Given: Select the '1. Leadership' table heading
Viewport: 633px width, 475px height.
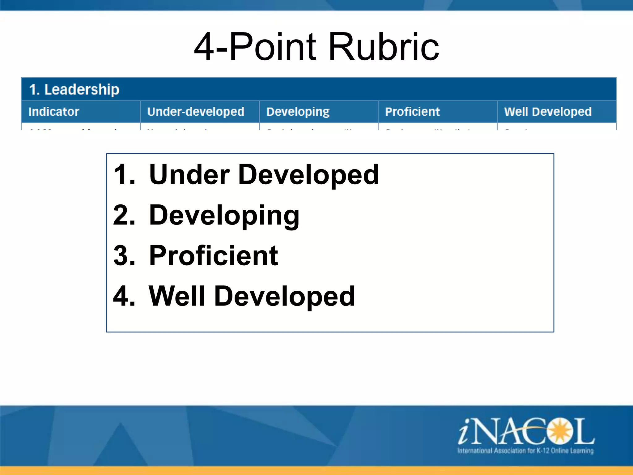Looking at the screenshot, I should pyautogui.click(x=74, y=90).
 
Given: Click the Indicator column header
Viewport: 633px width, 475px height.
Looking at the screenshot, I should pyautogui.click(x=54, y=112).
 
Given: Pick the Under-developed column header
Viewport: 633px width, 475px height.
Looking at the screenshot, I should pyautogui.click(x=196, y=112).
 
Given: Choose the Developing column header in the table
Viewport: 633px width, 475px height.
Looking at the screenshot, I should pyautogui.click(x=298, y=112).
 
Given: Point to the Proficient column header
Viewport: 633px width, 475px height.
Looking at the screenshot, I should pyautogui.click(x=412, y=112).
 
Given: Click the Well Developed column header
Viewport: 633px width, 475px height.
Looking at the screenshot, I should pyautogui.click(x=548, y=112).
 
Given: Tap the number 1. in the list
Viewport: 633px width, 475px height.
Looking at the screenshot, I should pyautogui.click(x=124, y=175).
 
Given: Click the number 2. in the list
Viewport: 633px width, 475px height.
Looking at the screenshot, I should pyautogui.click(x=124, y=215).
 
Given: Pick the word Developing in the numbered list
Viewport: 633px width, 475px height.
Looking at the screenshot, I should pyautogui.click(x=224, y=216).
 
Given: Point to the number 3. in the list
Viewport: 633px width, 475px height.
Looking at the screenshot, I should pyautogui.click(x=124, y=256).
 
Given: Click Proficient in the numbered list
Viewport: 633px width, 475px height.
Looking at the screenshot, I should pyautogui.click(x=213, y=256).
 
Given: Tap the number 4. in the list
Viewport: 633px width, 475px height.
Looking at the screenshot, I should pyautogui.click(x=124, y=296).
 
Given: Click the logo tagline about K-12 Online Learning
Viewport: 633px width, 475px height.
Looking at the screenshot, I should pyautogui.click(x=525, y=451).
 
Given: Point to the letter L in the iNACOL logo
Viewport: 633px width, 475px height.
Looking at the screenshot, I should pyautogui.click(x=584, y=431).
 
